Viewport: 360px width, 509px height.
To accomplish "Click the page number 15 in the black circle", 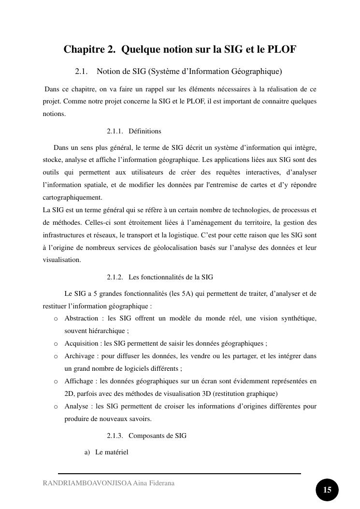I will [327, 490].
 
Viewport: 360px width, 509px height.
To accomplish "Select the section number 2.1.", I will [81, 72].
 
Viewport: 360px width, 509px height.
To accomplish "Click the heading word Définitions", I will [145, 131].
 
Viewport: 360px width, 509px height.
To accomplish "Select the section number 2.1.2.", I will [115, 277].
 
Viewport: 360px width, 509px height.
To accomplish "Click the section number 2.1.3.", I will [115, 436].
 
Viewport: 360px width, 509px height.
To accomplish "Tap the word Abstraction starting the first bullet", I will [81, 319].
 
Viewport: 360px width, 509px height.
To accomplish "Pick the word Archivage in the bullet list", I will [80, 356].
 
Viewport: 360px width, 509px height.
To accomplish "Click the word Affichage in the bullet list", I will [80, 381].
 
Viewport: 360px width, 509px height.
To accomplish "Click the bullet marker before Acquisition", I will [56, 344].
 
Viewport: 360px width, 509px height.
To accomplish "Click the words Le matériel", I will [112, 452].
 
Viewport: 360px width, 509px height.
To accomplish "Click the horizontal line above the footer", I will [179, 474].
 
